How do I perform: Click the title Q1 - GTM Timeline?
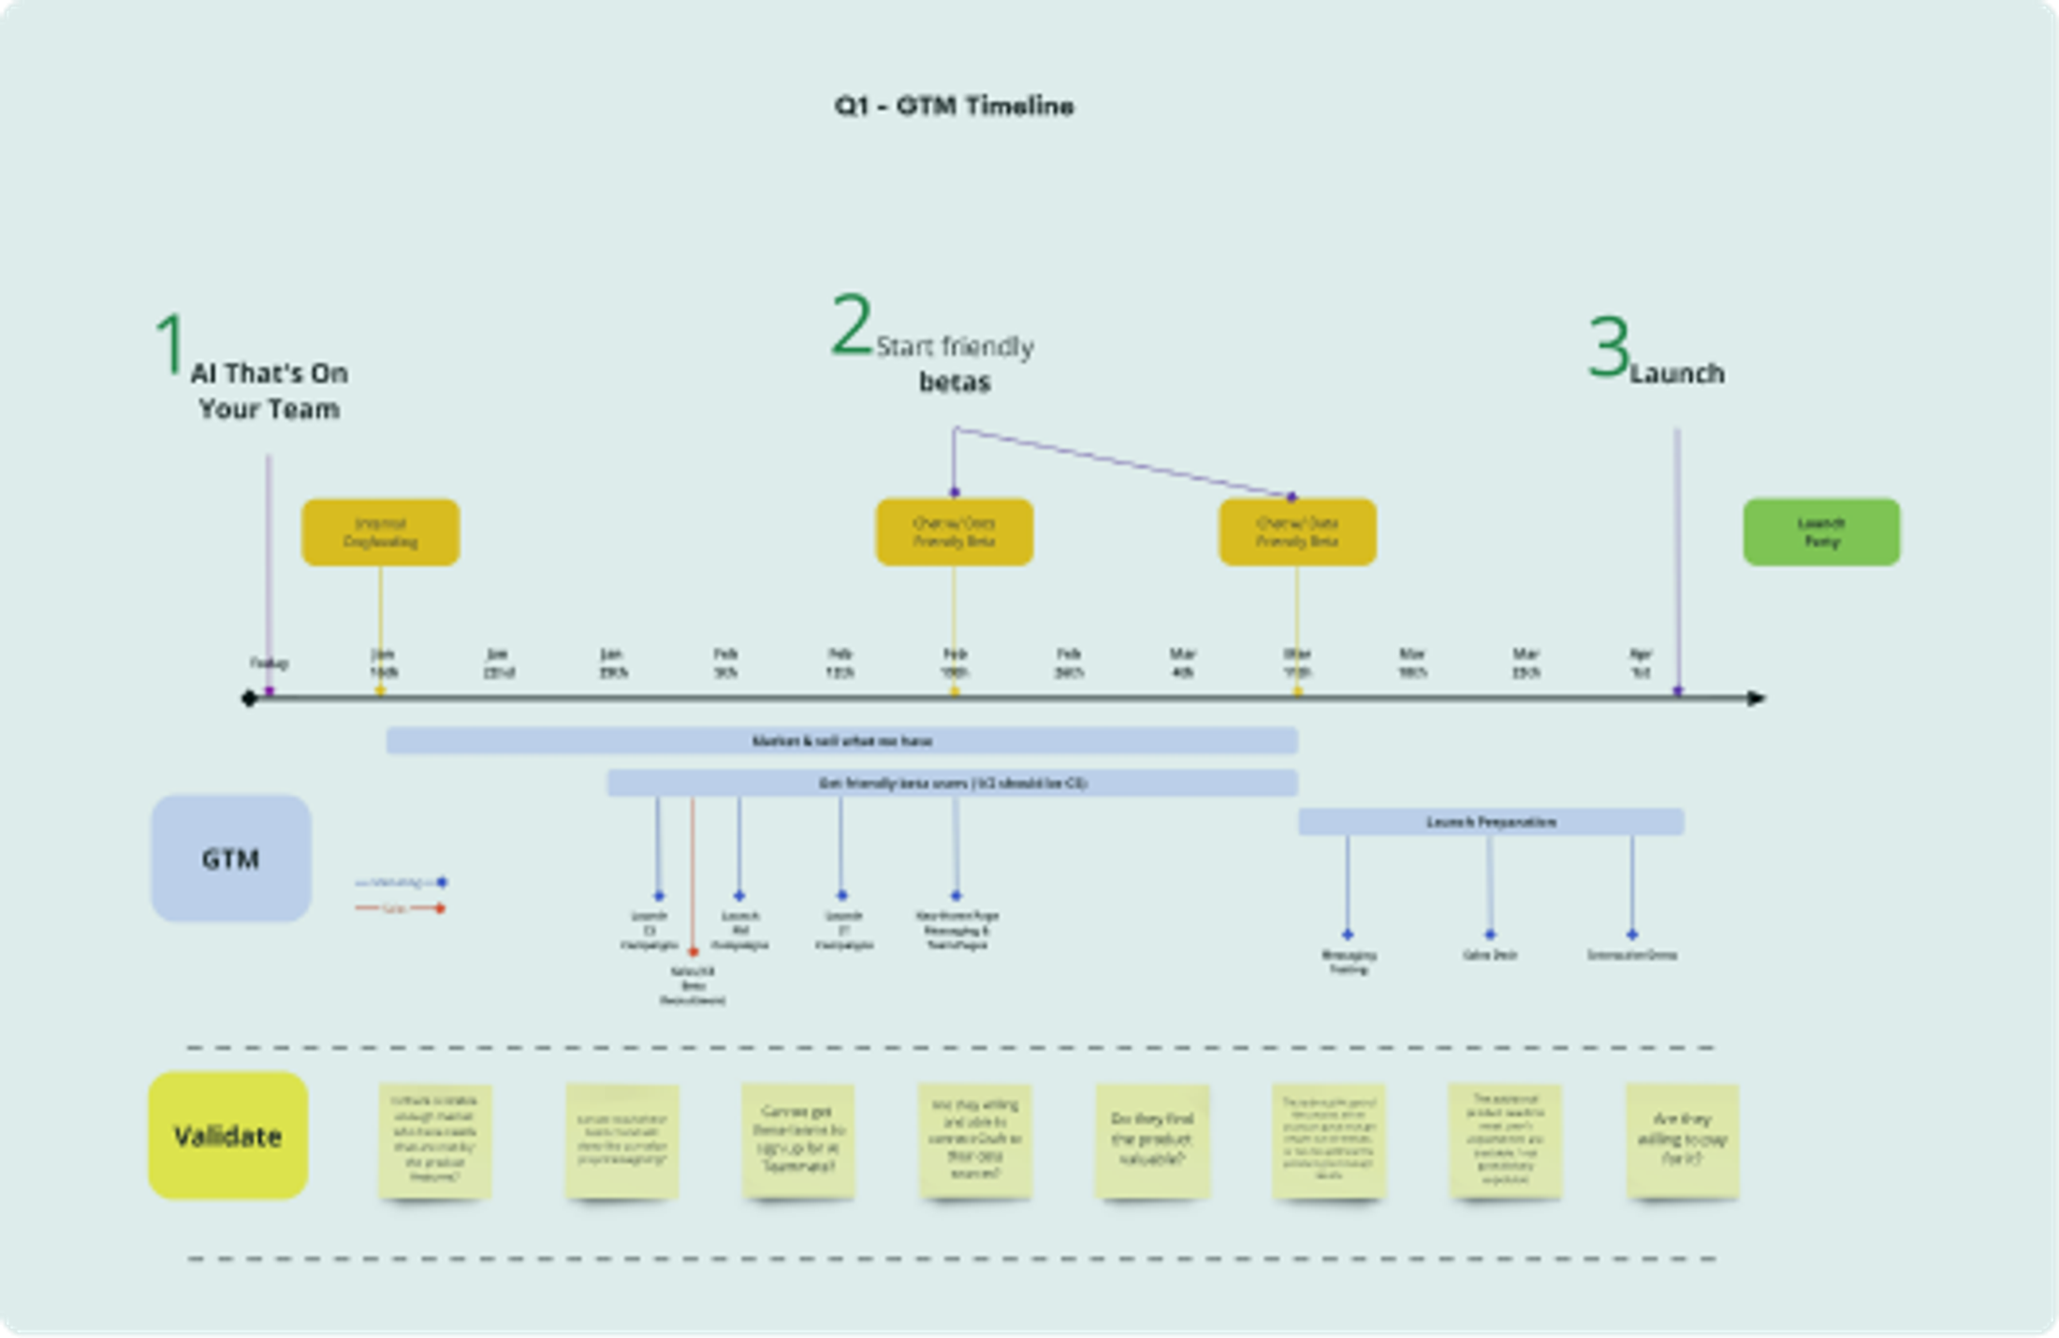click(x=954, y=106)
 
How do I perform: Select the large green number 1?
click(x=170, y=345)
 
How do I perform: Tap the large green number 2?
click(x=852, y=325)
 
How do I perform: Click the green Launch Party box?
click(x=1821, y=532)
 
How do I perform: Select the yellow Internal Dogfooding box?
click(x=380, y=532)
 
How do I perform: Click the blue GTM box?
click(x=230, y=859)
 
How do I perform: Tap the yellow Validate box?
click(x=228, y=1136)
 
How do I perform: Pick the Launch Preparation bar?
click(x=1490, y=822)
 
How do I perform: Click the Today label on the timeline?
click(x=269, y=663)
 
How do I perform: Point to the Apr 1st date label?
click(x=1641, y=663)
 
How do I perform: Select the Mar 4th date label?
click(x=1183, y=663)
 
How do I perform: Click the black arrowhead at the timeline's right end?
click(x=1757, y=698)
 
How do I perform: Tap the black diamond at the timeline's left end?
click(x=249, y=698)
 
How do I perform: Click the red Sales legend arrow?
click(x=401, y=908)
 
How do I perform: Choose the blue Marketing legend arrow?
click(x=401, y=882)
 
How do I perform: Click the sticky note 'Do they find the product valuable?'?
click(x=1151, y=1140)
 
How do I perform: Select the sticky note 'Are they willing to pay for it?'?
click(x=1682, y=1140)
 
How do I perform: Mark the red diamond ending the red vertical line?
click(x=693, y=952)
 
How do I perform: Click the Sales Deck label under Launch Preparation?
click(x=1489, y=955)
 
